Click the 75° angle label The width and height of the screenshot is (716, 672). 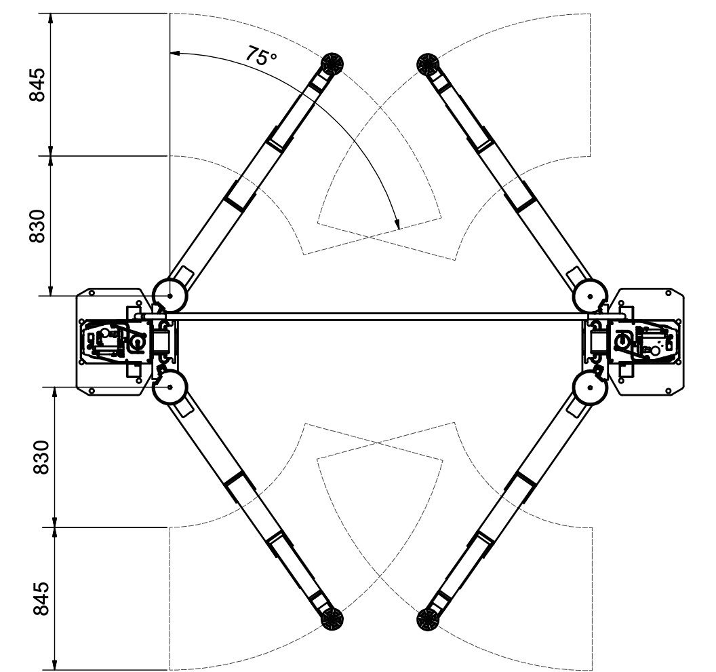261,56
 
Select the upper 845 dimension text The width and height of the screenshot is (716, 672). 37,85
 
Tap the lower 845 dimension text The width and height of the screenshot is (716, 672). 41,599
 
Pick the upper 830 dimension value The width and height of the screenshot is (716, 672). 37,226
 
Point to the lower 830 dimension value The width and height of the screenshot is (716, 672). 41,457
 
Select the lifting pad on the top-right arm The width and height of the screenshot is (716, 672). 428,63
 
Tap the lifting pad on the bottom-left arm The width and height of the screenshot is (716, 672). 332,620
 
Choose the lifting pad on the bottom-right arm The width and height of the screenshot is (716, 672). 428,620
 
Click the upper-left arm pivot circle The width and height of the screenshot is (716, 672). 170,296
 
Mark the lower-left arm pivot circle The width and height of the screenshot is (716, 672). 170,387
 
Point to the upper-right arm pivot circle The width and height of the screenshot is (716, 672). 590,296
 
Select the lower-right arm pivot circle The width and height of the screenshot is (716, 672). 590,387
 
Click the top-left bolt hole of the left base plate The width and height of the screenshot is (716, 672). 92,293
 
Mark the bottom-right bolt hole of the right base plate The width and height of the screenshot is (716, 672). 669,391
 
